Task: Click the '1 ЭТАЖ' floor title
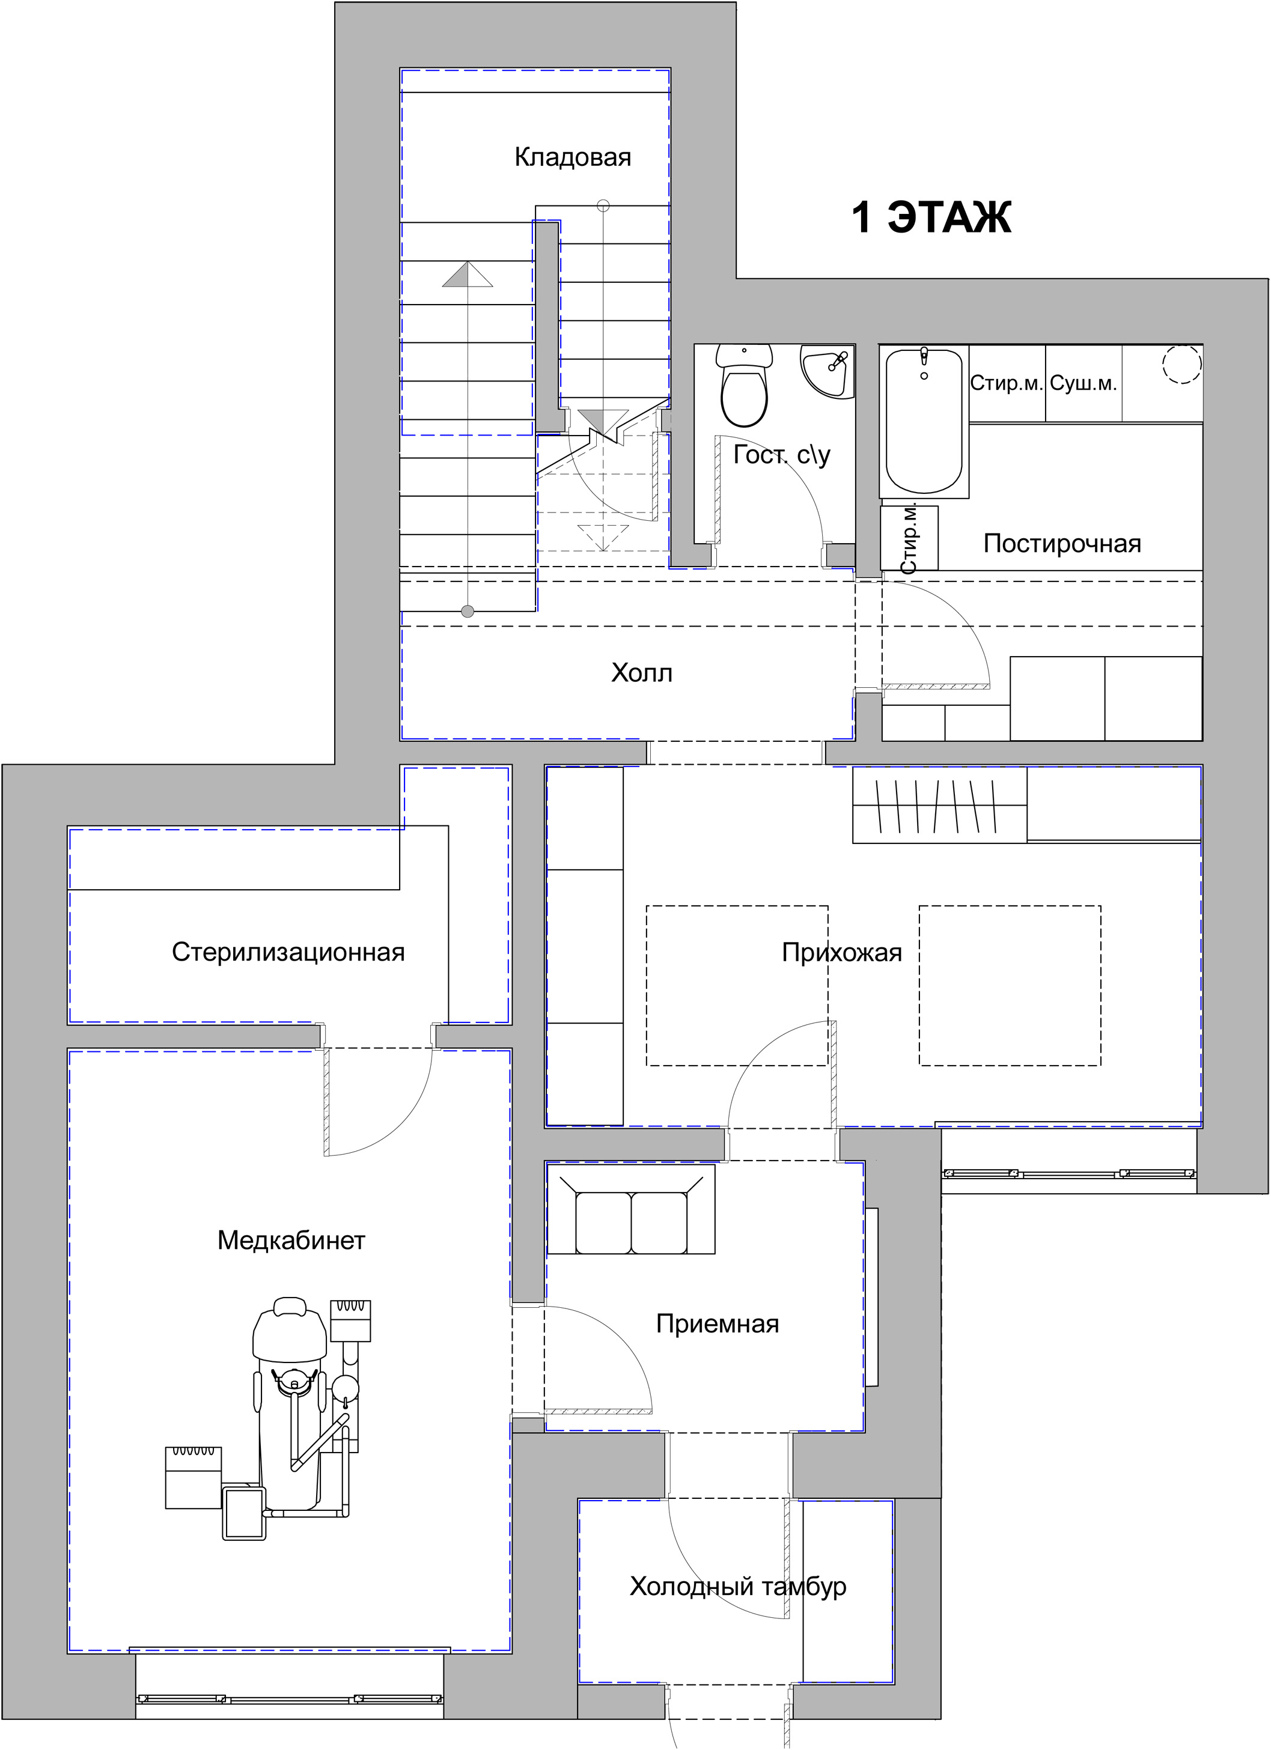coord(931,217)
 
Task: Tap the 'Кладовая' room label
coord(573,157)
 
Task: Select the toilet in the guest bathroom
coord(744,385)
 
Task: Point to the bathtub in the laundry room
coord(924,421)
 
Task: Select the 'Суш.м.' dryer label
coord(1084,383)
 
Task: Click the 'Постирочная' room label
coord(1062,543)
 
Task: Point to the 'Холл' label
coord(641,673)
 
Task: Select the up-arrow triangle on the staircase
coord(467,274)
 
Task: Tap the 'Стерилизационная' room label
coord(288,952)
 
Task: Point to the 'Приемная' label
coord(718,1324)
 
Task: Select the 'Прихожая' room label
coord(842,953)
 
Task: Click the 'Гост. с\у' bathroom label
coord(782,455)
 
